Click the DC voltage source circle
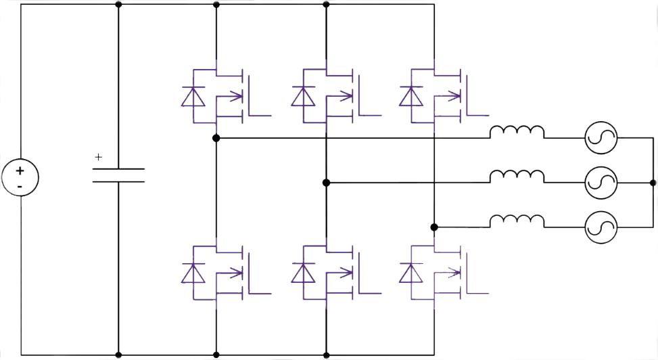20,177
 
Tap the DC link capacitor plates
118,175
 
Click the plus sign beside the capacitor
99,157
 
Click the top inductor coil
517,132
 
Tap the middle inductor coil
517,177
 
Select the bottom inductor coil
517,221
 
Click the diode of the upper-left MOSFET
193,97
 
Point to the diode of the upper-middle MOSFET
302,97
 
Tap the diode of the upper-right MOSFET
410,97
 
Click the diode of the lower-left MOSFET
193,274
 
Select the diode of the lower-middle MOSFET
302,274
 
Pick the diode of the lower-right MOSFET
410,274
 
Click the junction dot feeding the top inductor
216,138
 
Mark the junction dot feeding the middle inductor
326,183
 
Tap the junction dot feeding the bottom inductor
434,227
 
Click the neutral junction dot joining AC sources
653,183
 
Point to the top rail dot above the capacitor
118,5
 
